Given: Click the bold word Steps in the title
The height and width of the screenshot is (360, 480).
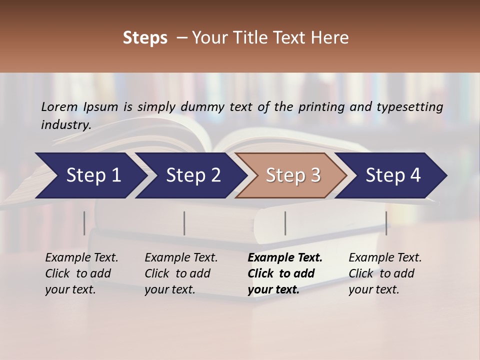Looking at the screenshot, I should pos(145,38).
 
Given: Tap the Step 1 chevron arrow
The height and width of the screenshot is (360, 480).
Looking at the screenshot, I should pos(90,175).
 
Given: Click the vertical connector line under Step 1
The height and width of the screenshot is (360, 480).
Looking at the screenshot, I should pos(84,223).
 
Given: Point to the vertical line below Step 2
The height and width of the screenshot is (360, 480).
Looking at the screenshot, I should pos(184,223).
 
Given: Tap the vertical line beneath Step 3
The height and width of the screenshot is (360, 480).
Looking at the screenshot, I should pos(285,223).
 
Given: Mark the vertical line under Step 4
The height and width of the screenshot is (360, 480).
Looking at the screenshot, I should pos(386,223).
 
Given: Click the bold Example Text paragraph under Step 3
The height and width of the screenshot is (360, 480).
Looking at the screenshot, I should pos(285,273).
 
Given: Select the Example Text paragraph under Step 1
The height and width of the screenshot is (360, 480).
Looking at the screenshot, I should pos(81,273).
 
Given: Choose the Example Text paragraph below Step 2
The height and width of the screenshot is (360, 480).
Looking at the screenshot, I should pos(181,273).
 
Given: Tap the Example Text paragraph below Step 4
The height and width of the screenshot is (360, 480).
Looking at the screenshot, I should pos(385,273).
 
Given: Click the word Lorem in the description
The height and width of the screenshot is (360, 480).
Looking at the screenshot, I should pos(59,106).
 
